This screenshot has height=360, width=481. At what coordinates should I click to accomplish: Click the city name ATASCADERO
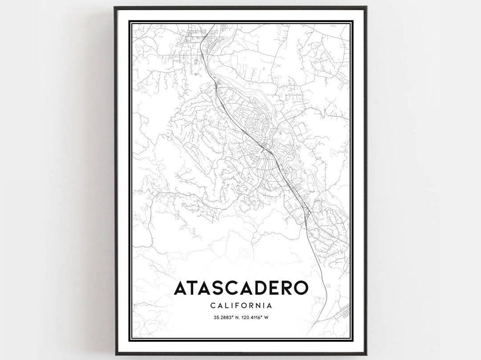click(x=240, y=288)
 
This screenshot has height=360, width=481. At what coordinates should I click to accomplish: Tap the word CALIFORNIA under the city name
click(x=240, y=306)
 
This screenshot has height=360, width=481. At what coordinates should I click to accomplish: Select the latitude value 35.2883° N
click(x=221, y=317)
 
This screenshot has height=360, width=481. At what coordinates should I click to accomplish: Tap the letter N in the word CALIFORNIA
click(x=260, y=306)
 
